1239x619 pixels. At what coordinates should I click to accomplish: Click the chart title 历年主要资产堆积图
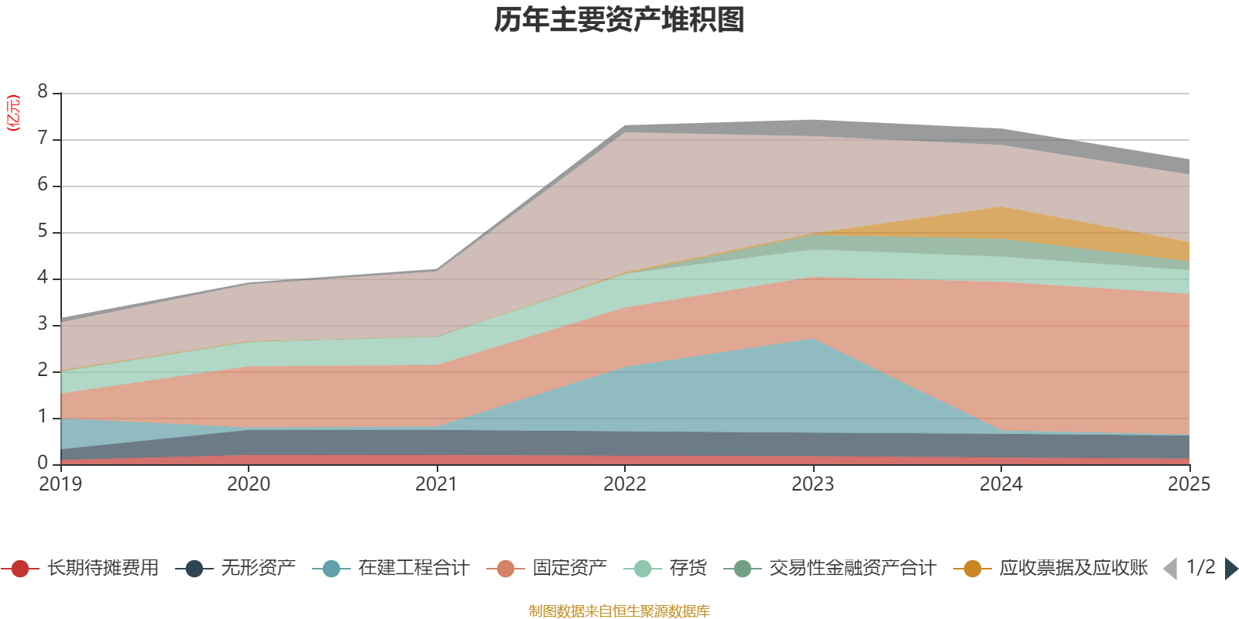pyautogui.click(x=619, y=20)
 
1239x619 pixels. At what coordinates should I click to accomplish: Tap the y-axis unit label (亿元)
pyautogui.click(x=13, y=113)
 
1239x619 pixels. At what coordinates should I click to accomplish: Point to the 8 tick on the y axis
pyautogui.click(x=43, y=92)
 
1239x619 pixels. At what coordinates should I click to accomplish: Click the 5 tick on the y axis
pyautogui.click(x=43, y=231)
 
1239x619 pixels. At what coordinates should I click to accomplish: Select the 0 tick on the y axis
pyautogui.click(x=43, y=463)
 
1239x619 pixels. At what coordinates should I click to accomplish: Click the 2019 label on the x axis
pyautogui.click(x=60, y=484)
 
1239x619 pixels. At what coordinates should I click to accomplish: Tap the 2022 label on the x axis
pyautogui.click(x=625, y=484)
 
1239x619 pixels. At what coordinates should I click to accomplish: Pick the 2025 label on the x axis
pyautogui.click(x=1189, y=484)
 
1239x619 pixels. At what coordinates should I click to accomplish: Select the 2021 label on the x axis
pyautogui.click(x=437, y=484)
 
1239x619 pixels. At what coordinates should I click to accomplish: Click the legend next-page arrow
pyautogui.click(x=1231, y=569)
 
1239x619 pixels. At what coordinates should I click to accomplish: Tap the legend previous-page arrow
pyautogui.click(x=1170, y=569)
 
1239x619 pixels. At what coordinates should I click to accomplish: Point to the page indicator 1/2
pyautogui.click(x=1200, y=567)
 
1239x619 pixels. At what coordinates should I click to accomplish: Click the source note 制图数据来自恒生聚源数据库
pyautogui.click(x=619, y=611)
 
